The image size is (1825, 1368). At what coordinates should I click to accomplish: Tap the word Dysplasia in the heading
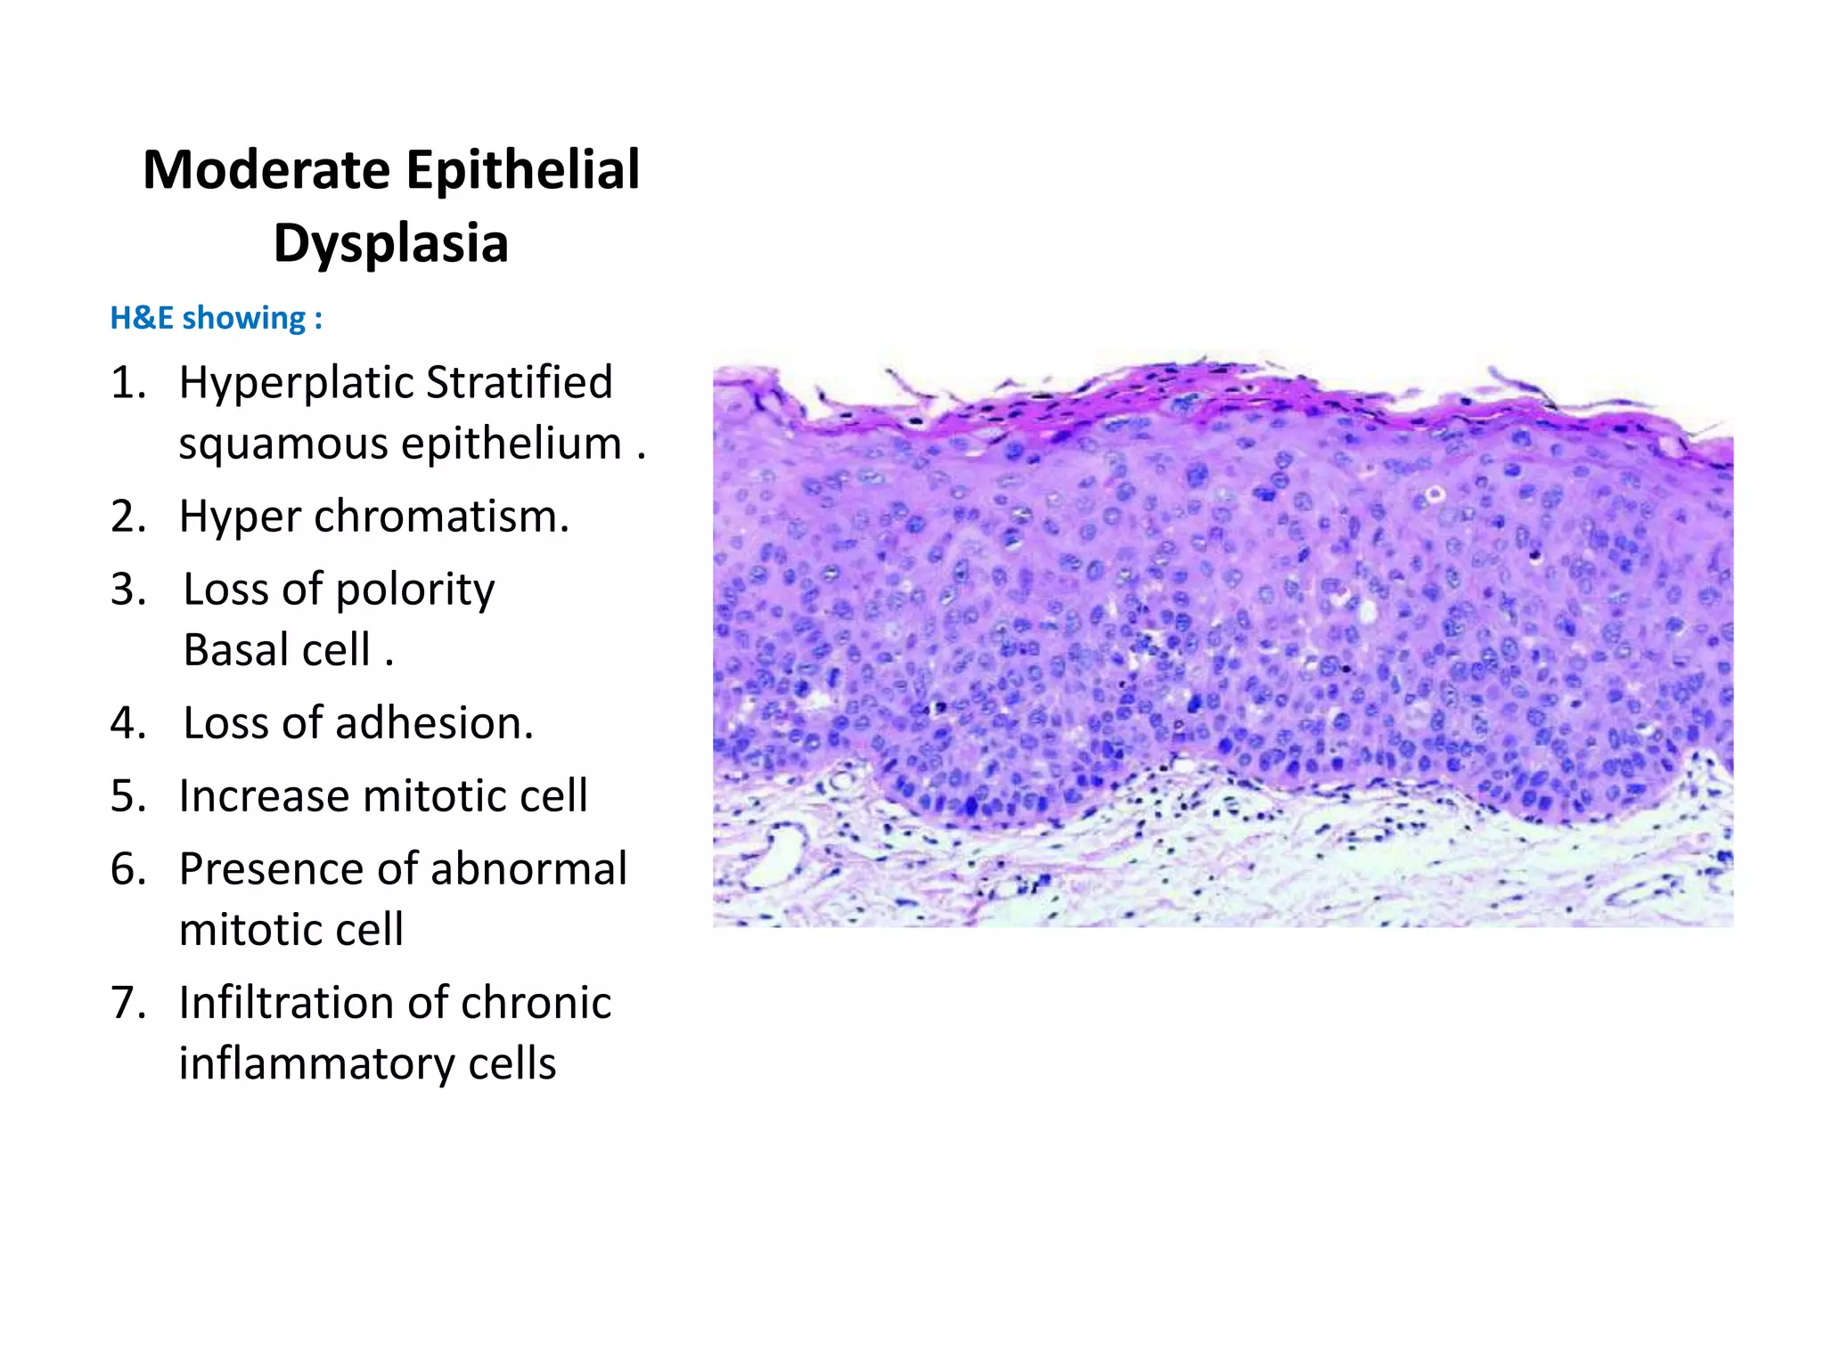click(x=390, y=243)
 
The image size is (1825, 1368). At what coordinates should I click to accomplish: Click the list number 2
click(x=127, y=517)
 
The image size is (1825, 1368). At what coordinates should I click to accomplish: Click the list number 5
click(x=127, y=796)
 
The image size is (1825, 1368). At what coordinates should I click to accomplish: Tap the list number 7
click(x=127, y=1003)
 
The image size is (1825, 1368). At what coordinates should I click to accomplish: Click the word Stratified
click(x=520, y=383)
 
